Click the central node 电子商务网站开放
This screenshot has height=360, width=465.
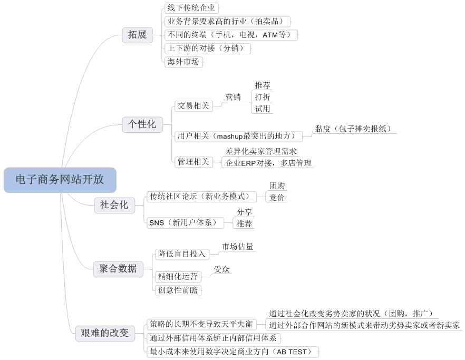(x=60, y=180)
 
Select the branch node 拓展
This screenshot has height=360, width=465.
(x=137, y=35)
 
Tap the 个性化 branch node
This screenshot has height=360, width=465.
(x=142, y=124)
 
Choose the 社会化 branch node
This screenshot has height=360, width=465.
(x=114, y=205)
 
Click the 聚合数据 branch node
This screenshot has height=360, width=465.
(x=118, y=269)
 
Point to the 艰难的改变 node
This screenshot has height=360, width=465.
(x=105, y=333)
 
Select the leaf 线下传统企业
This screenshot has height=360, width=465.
(x=191, y=8)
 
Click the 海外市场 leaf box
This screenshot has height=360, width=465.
(x=183, y=62)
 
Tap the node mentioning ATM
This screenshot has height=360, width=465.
(x=231, y=35)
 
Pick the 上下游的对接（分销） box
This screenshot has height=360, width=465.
(x=207, y=48)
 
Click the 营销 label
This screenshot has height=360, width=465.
(x=233, y=98)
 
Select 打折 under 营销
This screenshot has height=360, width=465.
(x=263, y=97)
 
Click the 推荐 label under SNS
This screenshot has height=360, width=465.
(x=244, y=224)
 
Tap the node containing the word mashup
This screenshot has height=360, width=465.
(x=238, y=137)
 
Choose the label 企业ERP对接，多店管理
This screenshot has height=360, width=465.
(x=268, y=163)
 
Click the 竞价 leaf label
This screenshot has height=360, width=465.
(x=277, y=198)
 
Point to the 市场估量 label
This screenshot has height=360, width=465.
(x=237, y=247)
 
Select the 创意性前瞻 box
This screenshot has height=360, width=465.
(x=178, y=290)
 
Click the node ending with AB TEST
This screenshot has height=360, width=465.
(x=233, y=352)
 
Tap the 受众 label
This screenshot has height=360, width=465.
(x=221, y=269)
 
